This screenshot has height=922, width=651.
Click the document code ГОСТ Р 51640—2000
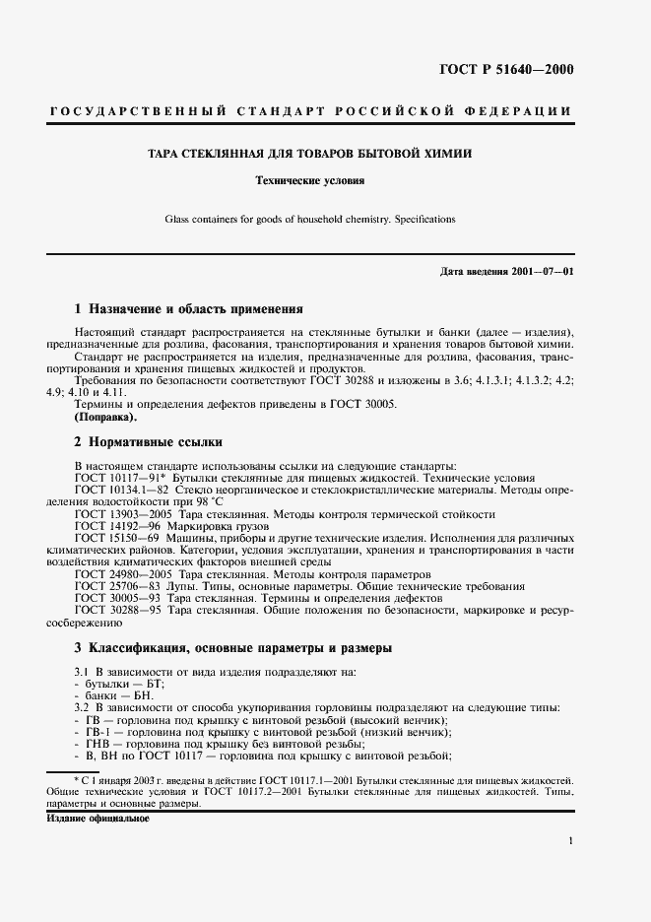(x=505, y=69)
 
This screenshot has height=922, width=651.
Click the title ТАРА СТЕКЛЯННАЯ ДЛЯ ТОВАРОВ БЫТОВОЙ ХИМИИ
(x=309, y=154)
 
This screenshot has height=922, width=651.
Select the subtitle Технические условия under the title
(x=309, y=181)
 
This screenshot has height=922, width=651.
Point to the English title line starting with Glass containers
(x=309, y=220)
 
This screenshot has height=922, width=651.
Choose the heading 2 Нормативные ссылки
(x=149, y=442)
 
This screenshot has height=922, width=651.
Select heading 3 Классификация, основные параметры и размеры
(x=233, y=648)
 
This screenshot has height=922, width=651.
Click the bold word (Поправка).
(x=108, y=418)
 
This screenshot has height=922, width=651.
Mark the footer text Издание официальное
(x=97, y=819)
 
